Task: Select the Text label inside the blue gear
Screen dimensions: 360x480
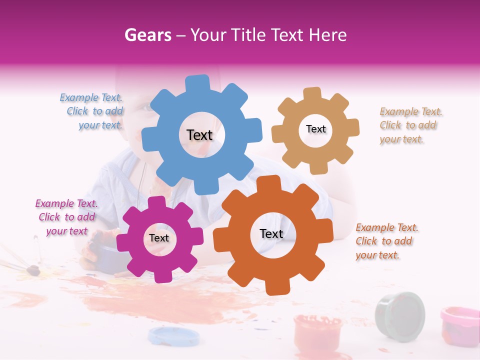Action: point(199,135)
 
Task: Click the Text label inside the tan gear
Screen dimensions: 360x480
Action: point(315,129)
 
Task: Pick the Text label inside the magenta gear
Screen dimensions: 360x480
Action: point(159,238)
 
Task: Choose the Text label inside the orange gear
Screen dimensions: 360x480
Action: point(271,234)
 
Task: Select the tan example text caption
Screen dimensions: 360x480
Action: point(410,125)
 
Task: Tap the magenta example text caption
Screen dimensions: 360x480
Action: point(66,217)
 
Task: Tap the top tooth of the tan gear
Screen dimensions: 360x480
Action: point(312,93)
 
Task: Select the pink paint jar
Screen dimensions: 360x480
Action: point(459,325)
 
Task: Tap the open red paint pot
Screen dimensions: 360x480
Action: point(317,333)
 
